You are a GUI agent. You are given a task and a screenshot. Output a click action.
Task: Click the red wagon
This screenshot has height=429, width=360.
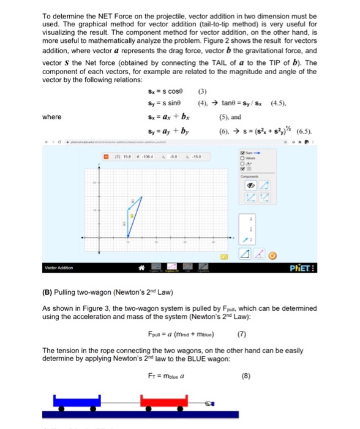click(x=162, y=401)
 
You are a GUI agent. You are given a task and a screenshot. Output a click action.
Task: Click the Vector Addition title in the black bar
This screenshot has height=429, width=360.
click(x=59, y=267)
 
